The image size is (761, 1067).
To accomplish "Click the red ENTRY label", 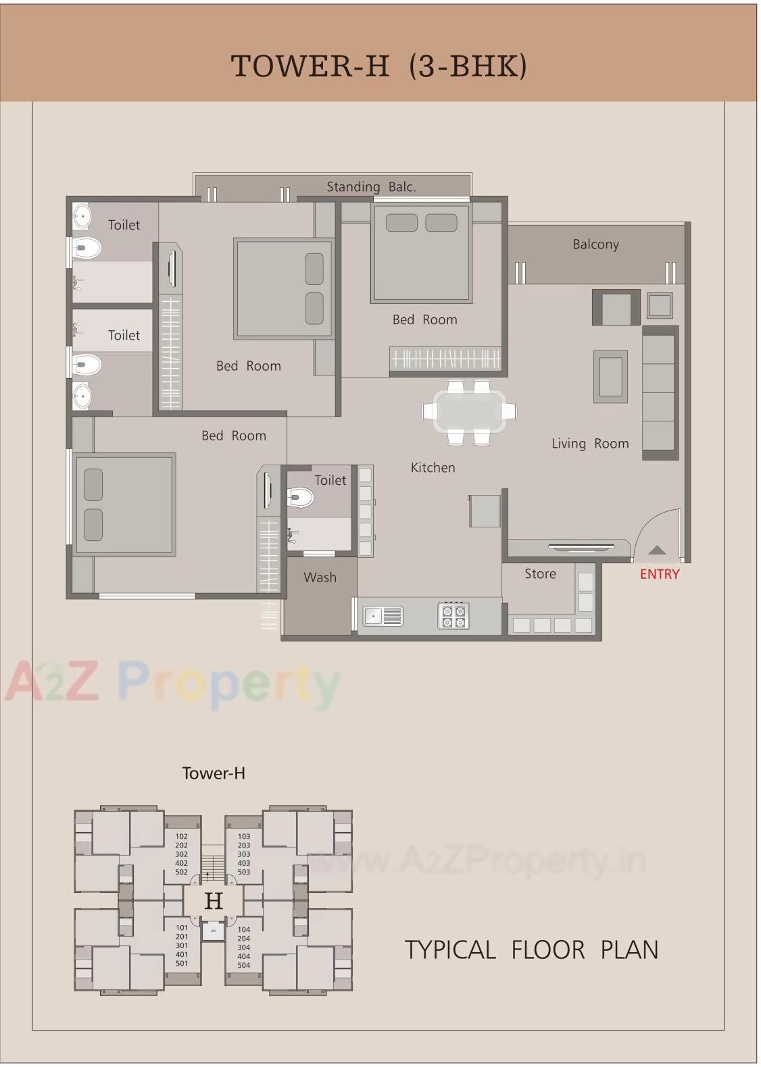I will coord(659,574).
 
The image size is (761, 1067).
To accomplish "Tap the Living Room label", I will coord(590,444).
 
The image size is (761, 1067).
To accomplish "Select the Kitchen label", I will coord(433,467).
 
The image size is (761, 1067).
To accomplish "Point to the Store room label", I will coord(540,574).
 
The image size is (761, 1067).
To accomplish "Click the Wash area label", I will coord(320,577).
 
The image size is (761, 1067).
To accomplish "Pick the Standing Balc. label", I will coord(371,187).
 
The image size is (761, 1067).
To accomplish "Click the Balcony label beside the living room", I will coord(595,244).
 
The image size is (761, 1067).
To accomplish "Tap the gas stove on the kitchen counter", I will coord(453,616).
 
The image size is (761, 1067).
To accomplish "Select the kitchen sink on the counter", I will coord(383,616).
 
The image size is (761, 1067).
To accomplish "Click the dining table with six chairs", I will coord(469,411).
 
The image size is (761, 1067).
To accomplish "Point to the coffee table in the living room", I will coord(610,377).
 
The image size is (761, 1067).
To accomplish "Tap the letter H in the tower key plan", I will coord(214,901).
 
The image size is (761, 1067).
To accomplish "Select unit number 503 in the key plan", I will coord(244,872).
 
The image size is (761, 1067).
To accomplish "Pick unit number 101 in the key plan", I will coord(182,928).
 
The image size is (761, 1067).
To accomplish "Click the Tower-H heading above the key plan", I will coord(214,773).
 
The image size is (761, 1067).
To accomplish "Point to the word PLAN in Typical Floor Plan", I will coord(629,950).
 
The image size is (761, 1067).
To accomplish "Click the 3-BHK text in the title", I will coord(468,66).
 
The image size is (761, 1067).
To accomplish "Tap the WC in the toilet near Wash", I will coord(300,498).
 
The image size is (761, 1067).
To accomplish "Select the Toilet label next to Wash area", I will coord(330,480).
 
